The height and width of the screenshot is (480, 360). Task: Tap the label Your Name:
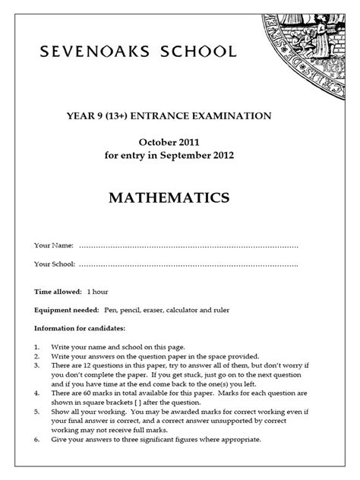[x=54, y=245]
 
